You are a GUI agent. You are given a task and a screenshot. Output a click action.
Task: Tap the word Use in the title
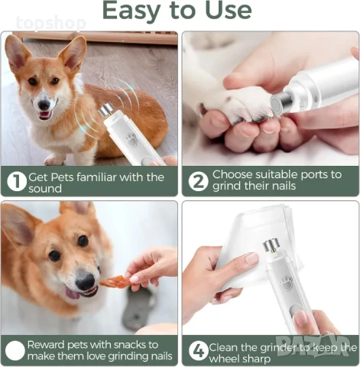tap(227, 10)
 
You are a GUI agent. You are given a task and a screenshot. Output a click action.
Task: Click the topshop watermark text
tap(51, 24)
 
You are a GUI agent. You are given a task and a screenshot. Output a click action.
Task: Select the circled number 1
tap(16, 182)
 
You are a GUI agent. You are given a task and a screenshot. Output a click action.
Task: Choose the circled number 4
tap(197, 350)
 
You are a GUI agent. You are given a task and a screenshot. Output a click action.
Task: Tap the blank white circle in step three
tap(16, 350)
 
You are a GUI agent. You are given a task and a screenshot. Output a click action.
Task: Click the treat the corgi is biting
tap(115, 281)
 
